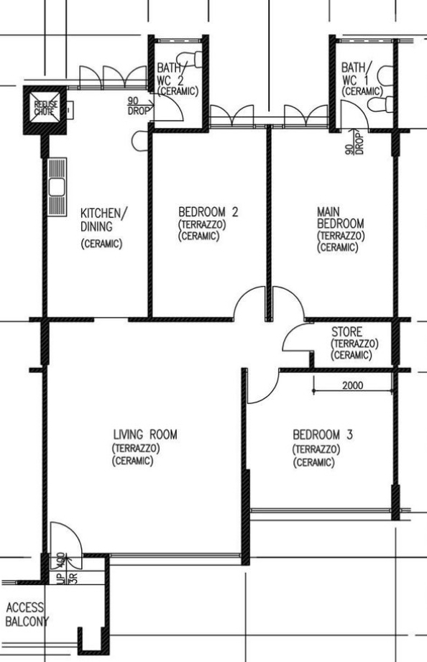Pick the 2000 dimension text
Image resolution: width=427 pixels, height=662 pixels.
click(352, 385)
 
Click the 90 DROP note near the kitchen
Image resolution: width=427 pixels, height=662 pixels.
click(137, 106)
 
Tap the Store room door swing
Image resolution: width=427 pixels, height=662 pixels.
click(294, 338)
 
